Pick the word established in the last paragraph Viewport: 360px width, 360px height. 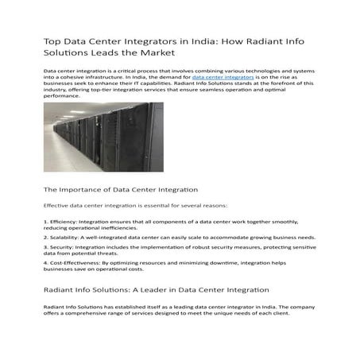tap(139, 306)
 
